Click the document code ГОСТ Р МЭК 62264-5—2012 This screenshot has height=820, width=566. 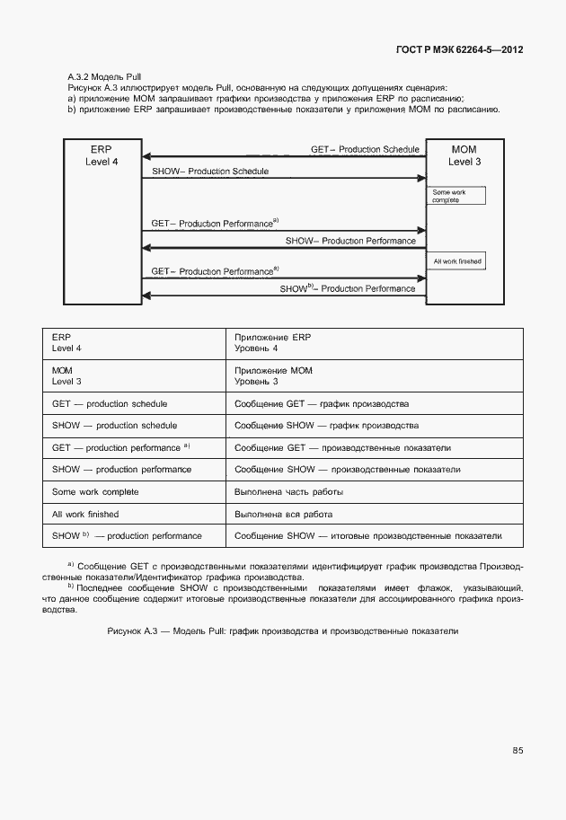pyautogui.click(x=459, y=49)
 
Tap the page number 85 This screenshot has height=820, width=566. pyautogui.click(x=517, y=751)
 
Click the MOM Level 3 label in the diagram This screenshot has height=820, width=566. pyautogui.click(x=464, y=154)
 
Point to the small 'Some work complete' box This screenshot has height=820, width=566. pyautogui.click(x=455, y=196)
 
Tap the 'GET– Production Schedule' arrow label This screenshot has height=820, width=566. pyautogui.click(x=365, y=148)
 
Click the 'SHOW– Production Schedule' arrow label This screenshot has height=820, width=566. pyautogui.click(x=210, y=171)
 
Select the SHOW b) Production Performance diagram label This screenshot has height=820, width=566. pyautogui.click(x=347, y=288)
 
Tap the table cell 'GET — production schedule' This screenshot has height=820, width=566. pyautogui.click(x=110, y=404)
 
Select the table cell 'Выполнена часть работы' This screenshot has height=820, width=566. pyautogui.click(x=288, y=492)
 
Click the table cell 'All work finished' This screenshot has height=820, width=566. pyautogui.click(x=85, y=515)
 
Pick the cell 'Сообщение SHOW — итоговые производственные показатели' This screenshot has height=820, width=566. pyautogui.click(x=367, y=536)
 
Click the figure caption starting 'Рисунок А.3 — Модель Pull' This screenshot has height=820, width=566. pyautogui.click(x=282, y=631)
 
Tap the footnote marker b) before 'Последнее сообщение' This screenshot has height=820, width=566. pyautogui.click(x=71, y=586)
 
